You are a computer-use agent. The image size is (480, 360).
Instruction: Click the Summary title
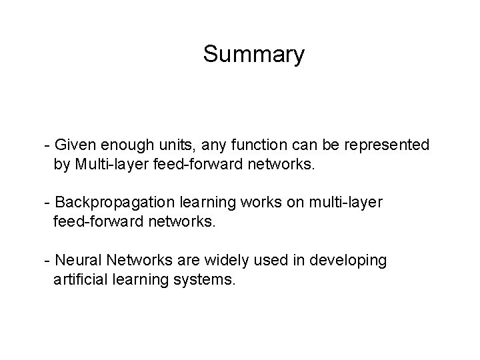click(253, 54)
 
